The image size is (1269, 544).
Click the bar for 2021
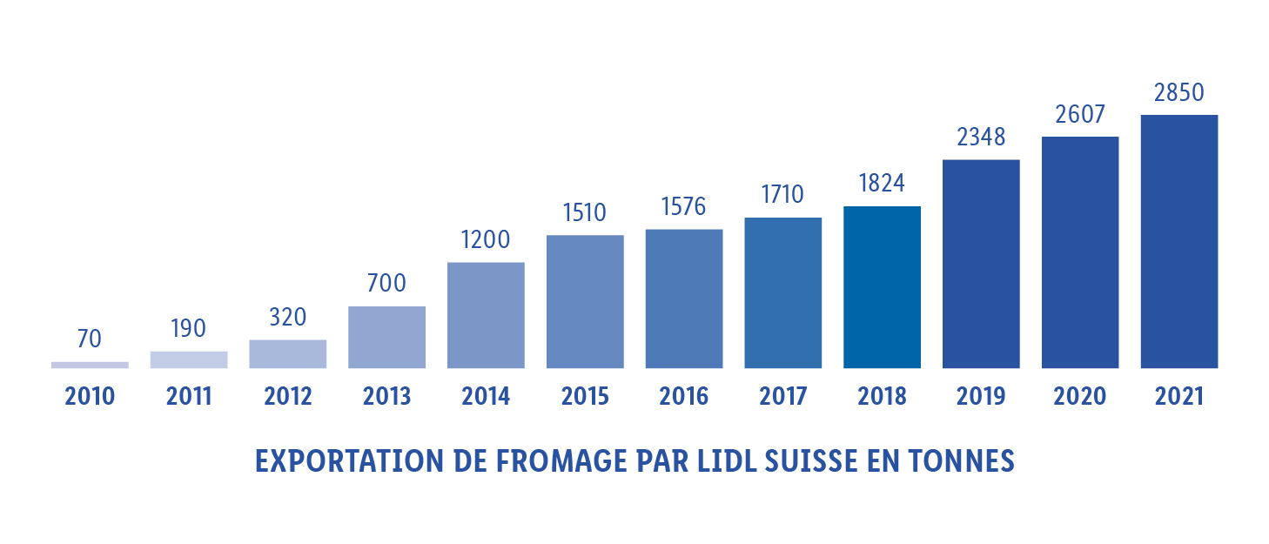pyautogui.click(x=1178, y=241)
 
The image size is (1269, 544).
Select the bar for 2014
pyautogui.click(x=486, y=314)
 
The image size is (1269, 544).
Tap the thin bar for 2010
pyautogui.click(x=90, y=365)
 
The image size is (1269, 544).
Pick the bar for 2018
pyautogui.click(x=882, y=286)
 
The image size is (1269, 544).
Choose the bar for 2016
pyautogui.click(x=684, y=298)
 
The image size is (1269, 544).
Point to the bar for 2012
pyautogui.click(x=288, y=353)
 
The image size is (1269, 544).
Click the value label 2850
pyautogui.click(x=1178, y=93)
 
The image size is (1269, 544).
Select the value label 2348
pyautogui.click(x=980, y=138)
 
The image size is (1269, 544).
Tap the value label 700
pyautogui.click(x=386, y=284)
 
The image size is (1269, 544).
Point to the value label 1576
pyautogui.click(x=683, y=207)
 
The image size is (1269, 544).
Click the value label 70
pyautogui.click(x=90, y=339)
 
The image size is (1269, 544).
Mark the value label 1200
pyautogui.click(x=486, y=240)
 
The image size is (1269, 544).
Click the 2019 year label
pyautogui.click(x=981, y=397)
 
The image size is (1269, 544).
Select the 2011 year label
pyautogui.click(x=189, y=397)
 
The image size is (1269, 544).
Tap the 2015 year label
pyautogui.click(x=585, y=397)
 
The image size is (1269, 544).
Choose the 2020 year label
pyautogui.click(x=1079, y=397)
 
